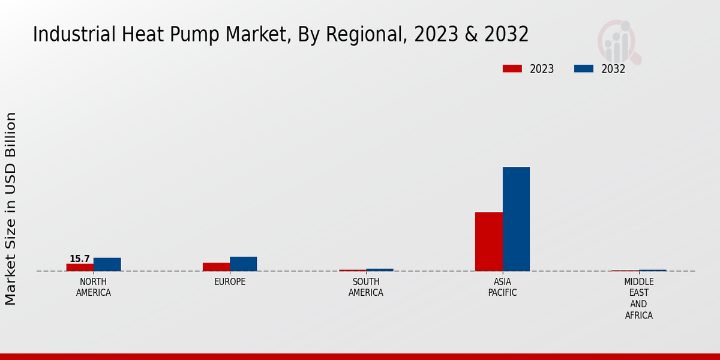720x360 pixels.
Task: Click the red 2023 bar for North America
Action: click(x=80, y=267)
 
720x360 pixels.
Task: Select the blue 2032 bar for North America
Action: click(x=107, y=264)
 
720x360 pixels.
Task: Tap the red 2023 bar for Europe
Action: click(x=216, y=266)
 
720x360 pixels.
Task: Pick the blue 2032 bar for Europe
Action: click(x=244, y=263)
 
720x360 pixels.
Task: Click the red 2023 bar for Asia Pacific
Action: click(x=488, y=241)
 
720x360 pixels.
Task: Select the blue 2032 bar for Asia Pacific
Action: click(x=516, y=218)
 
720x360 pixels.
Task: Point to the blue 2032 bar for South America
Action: click(x=380, y=269)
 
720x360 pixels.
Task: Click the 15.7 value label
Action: click(x=79, y=259)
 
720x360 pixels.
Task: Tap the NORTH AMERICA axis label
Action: click(x=94, y=287)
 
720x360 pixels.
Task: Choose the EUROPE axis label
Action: click(x=230, y=282)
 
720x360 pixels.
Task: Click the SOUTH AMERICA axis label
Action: click(x=366, y=287)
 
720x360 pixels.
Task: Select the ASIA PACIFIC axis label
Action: click(x=502, y=287)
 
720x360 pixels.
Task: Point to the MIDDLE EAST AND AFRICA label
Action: click(x=639, y=299)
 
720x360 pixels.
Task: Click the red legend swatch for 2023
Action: click(x=512, y=69)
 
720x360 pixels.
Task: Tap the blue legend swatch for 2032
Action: click(x=583, y=69)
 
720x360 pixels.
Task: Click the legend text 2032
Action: click(x=613, y=69)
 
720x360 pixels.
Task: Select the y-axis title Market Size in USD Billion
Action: click(x=11, y=208)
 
